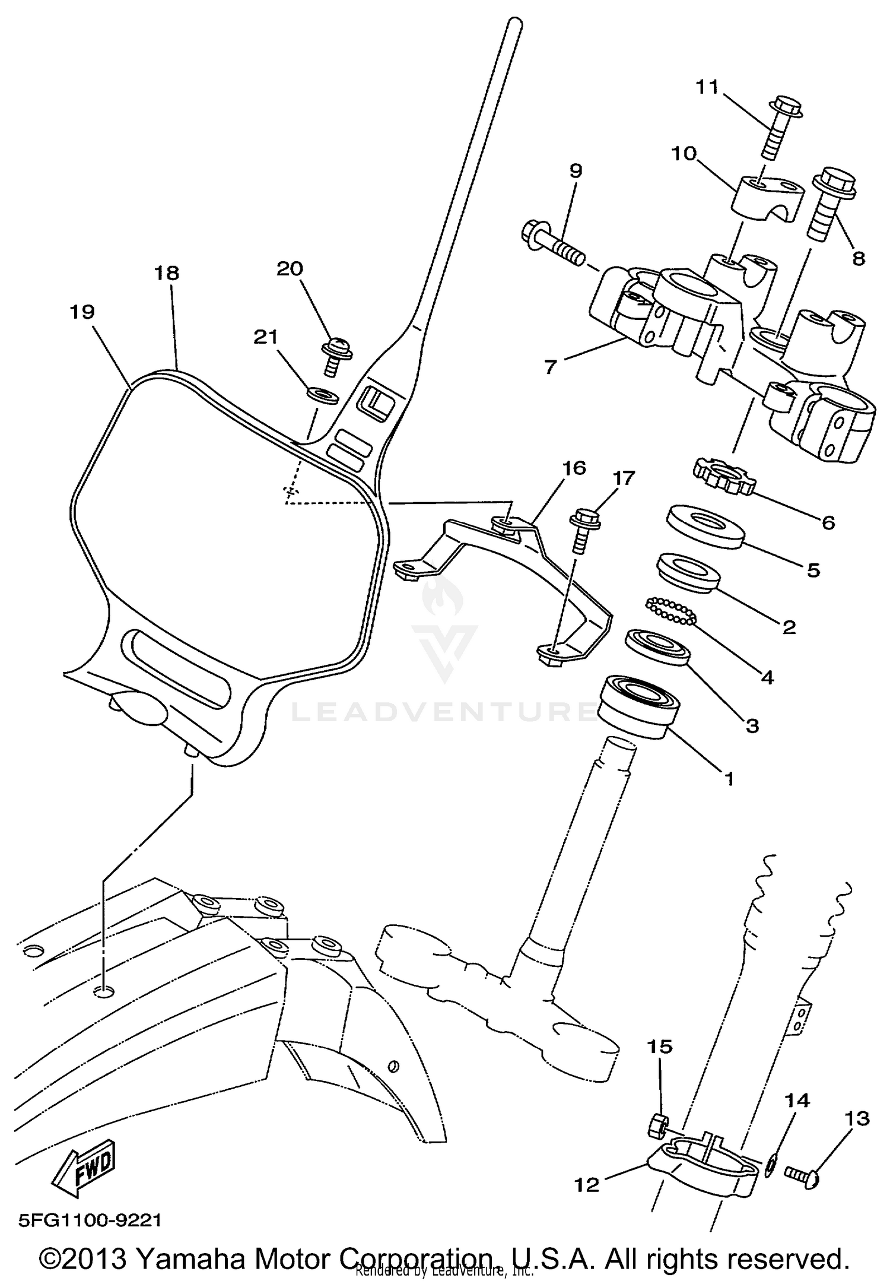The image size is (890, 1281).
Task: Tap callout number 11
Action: (x=707, y=87)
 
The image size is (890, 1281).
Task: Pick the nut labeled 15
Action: (x=657, y=1123)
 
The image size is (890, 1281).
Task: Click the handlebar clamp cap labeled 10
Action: (x=765, y=199)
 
